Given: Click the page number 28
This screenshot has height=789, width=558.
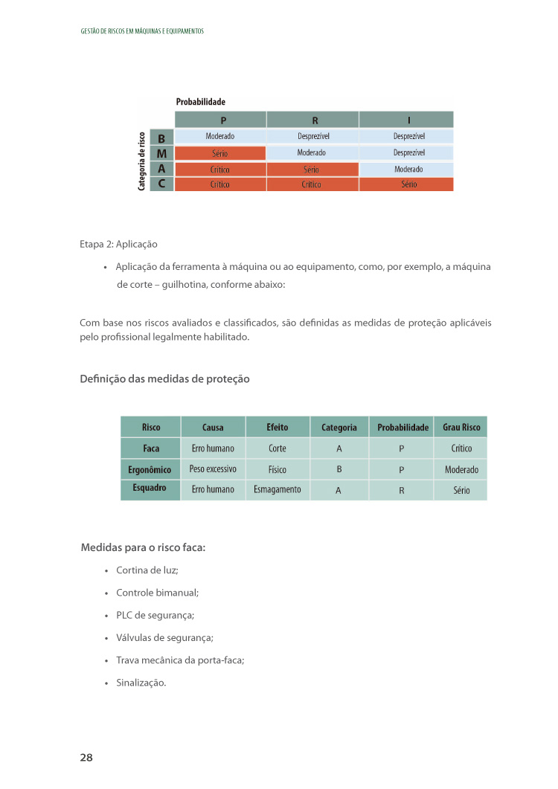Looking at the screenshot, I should click(x=86, y=757).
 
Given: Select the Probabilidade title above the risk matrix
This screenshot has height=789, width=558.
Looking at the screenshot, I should click(x=200, y=101).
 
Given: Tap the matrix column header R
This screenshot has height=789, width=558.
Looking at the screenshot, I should click(x=312, y=120).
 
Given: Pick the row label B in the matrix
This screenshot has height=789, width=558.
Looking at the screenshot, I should click(x=161, y=137).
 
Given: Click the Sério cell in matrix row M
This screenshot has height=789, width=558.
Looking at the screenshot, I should click(x=220, y=153).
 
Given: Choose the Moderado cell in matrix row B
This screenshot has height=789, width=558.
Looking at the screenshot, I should click(x=220, y=137).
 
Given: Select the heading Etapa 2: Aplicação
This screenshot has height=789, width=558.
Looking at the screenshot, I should click(x=118, y=244).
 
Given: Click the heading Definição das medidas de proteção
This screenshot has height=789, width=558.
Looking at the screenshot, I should click(x=164, y=379).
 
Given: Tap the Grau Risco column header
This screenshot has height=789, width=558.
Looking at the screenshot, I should click(x=461, y=428).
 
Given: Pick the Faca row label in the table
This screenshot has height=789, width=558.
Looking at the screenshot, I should click(x=151, y=448).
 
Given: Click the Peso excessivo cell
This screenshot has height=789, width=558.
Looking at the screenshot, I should click(x=213, y=469).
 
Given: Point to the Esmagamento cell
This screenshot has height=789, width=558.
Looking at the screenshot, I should click(x=278, y=489).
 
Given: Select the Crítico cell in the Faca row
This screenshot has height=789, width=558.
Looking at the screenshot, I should click(x=461, y=448).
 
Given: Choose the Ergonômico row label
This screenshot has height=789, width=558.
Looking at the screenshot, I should click(x=151, y=469).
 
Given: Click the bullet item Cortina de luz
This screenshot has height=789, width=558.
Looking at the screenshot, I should click(x=147, y=570).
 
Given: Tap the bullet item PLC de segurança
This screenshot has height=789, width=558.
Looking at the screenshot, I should click(x=155, y=615).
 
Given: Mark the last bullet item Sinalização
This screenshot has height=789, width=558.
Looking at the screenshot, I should click(x=141, y=682).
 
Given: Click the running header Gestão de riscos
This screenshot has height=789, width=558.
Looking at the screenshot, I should click(x=141, y=31).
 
